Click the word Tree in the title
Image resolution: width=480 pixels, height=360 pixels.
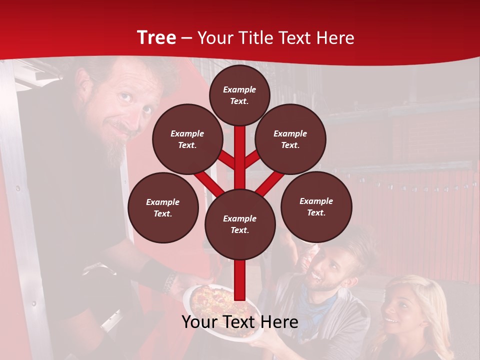(x=156, y=37)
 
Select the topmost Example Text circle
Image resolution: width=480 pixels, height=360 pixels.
(x=239, y=95)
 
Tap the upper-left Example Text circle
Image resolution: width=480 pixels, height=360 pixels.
(x=187, y=139)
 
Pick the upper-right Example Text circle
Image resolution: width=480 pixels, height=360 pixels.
(x=290, y=139)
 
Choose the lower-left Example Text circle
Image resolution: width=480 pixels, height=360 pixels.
(x=163, y=207)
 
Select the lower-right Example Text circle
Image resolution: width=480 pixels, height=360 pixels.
(x=316, y=206)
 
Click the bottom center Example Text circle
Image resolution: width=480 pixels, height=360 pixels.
(x=240, y=224)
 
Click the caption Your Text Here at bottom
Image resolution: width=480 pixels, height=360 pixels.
(x=240, y=322)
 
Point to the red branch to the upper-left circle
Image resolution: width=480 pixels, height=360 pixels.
(x=227, y=160)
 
